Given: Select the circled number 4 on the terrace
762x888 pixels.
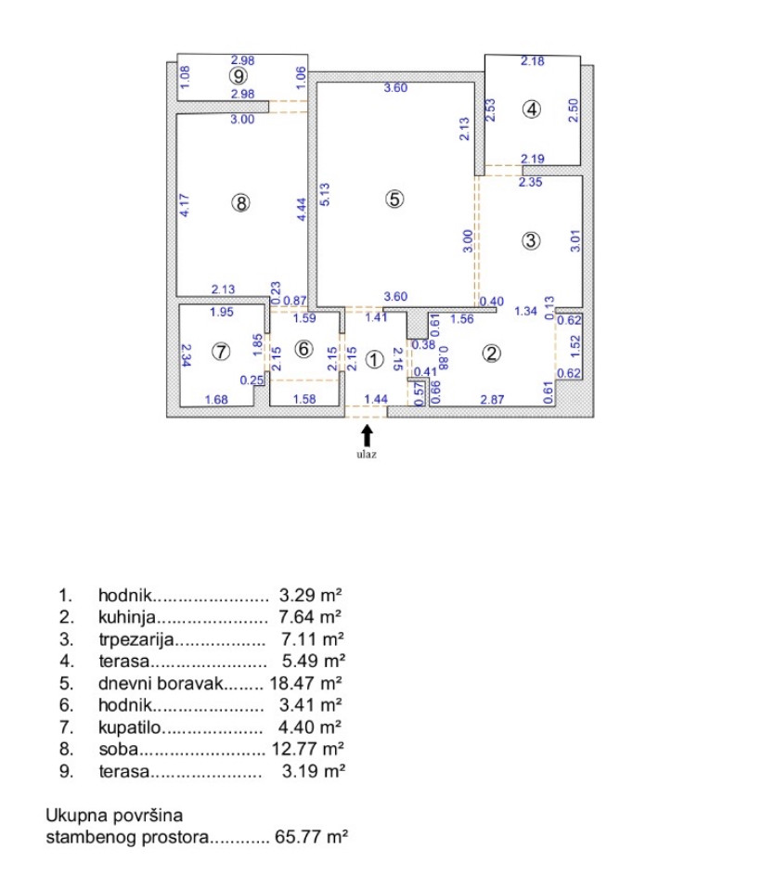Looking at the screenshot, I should [x=531, y=109].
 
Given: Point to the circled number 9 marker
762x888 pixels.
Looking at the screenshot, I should [x=239, y=76].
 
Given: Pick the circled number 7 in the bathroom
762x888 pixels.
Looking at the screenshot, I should [x=220, y=352].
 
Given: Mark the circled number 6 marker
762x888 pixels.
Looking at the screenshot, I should [x=304, y=350].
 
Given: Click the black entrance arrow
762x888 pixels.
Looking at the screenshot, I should [x=368, y=433].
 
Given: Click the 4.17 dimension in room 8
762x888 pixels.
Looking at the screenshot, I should [x=186, y=204].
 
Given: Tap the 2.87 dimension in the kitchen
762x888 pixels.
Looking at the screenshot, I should [x=491, y=399].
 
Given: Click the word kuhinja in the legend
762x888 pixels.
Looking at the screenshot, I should [x=126, y=616].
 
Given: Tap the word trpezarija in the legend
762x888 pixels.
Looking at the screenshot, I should [x=135, y=638].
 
